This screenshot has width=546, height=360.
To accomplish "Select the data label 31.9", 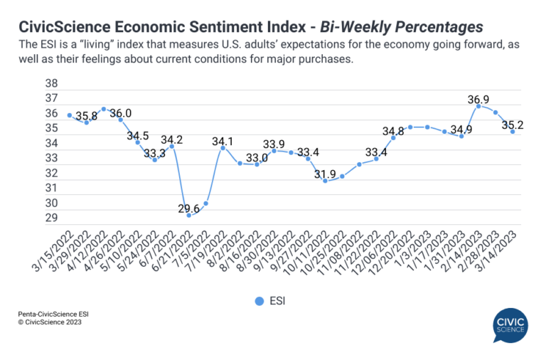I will (x=324, y=174).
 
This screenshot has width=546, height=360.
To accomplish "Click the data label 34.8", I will (x=392, y=130).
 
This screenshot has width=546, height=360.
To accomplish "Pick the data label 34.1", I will (x=223, y=141).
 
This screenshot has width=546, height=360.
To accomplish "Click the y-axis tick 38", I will (x=50, y=83).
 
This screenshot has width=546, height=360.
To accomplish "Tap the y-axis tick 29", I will (x=50, y=218).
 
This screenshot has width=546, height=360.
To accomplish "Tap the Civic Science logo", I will (x=510, y=325).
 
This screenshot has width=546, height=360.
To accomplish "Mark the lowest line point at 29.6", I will (x=189, y=215).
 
